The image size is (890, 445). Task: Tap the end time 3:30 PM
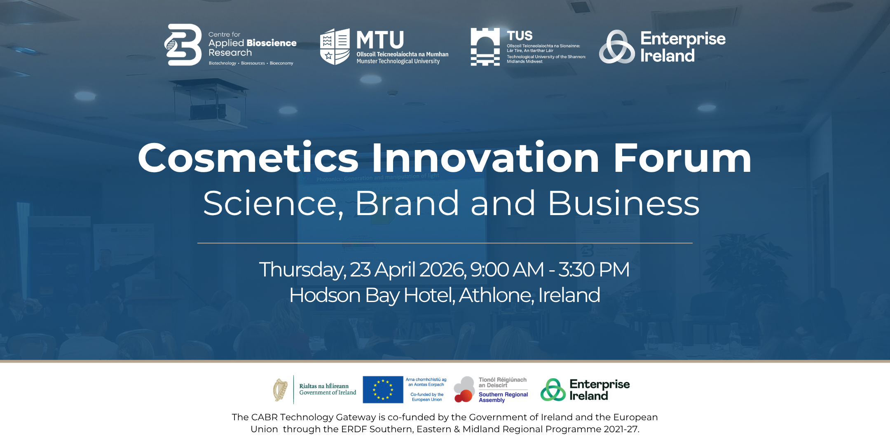[594, 270]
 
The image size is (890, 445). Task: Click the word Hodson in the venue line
[325, 295]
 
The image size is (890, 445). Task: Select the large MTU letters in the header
[380, 40]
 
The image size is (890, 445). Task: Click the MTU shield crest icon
[335, 46]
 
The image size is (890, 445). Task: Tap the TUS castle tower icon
[485, 47]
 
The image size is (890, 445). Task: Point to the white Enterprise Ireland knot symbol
[616, 47]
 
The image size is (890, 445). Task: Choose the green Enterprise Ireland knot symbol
[553, 390]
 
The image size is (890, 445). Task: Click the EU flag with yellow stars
[383, 389]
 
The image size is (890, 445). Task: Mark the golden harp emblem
[281, 390]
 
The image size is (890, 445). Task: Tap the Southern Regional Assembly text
[503, 397]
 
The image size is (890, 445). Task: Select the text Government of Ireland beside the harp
[328, 393]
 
